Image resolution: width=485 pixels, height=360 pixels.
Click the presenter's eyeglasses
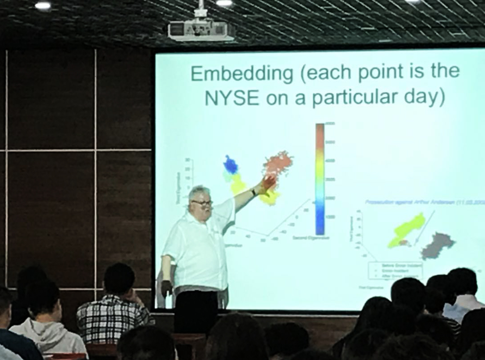point(202,203)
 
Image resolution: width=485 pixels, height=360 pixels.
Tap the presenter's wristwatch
point(253,192)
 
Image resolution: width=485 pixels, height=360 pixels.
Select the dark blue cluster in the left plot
point(231,165)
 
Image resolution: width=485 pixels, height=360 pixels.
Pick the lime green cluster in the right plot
point(407,229)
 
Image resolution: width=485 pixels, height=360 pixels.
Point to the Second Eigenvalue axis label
point(311,238)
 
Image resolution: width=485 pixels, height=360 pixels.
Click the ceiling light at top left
point(43,5)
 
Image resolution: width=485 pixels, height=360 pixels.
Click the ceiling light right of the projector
point(224,3)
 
